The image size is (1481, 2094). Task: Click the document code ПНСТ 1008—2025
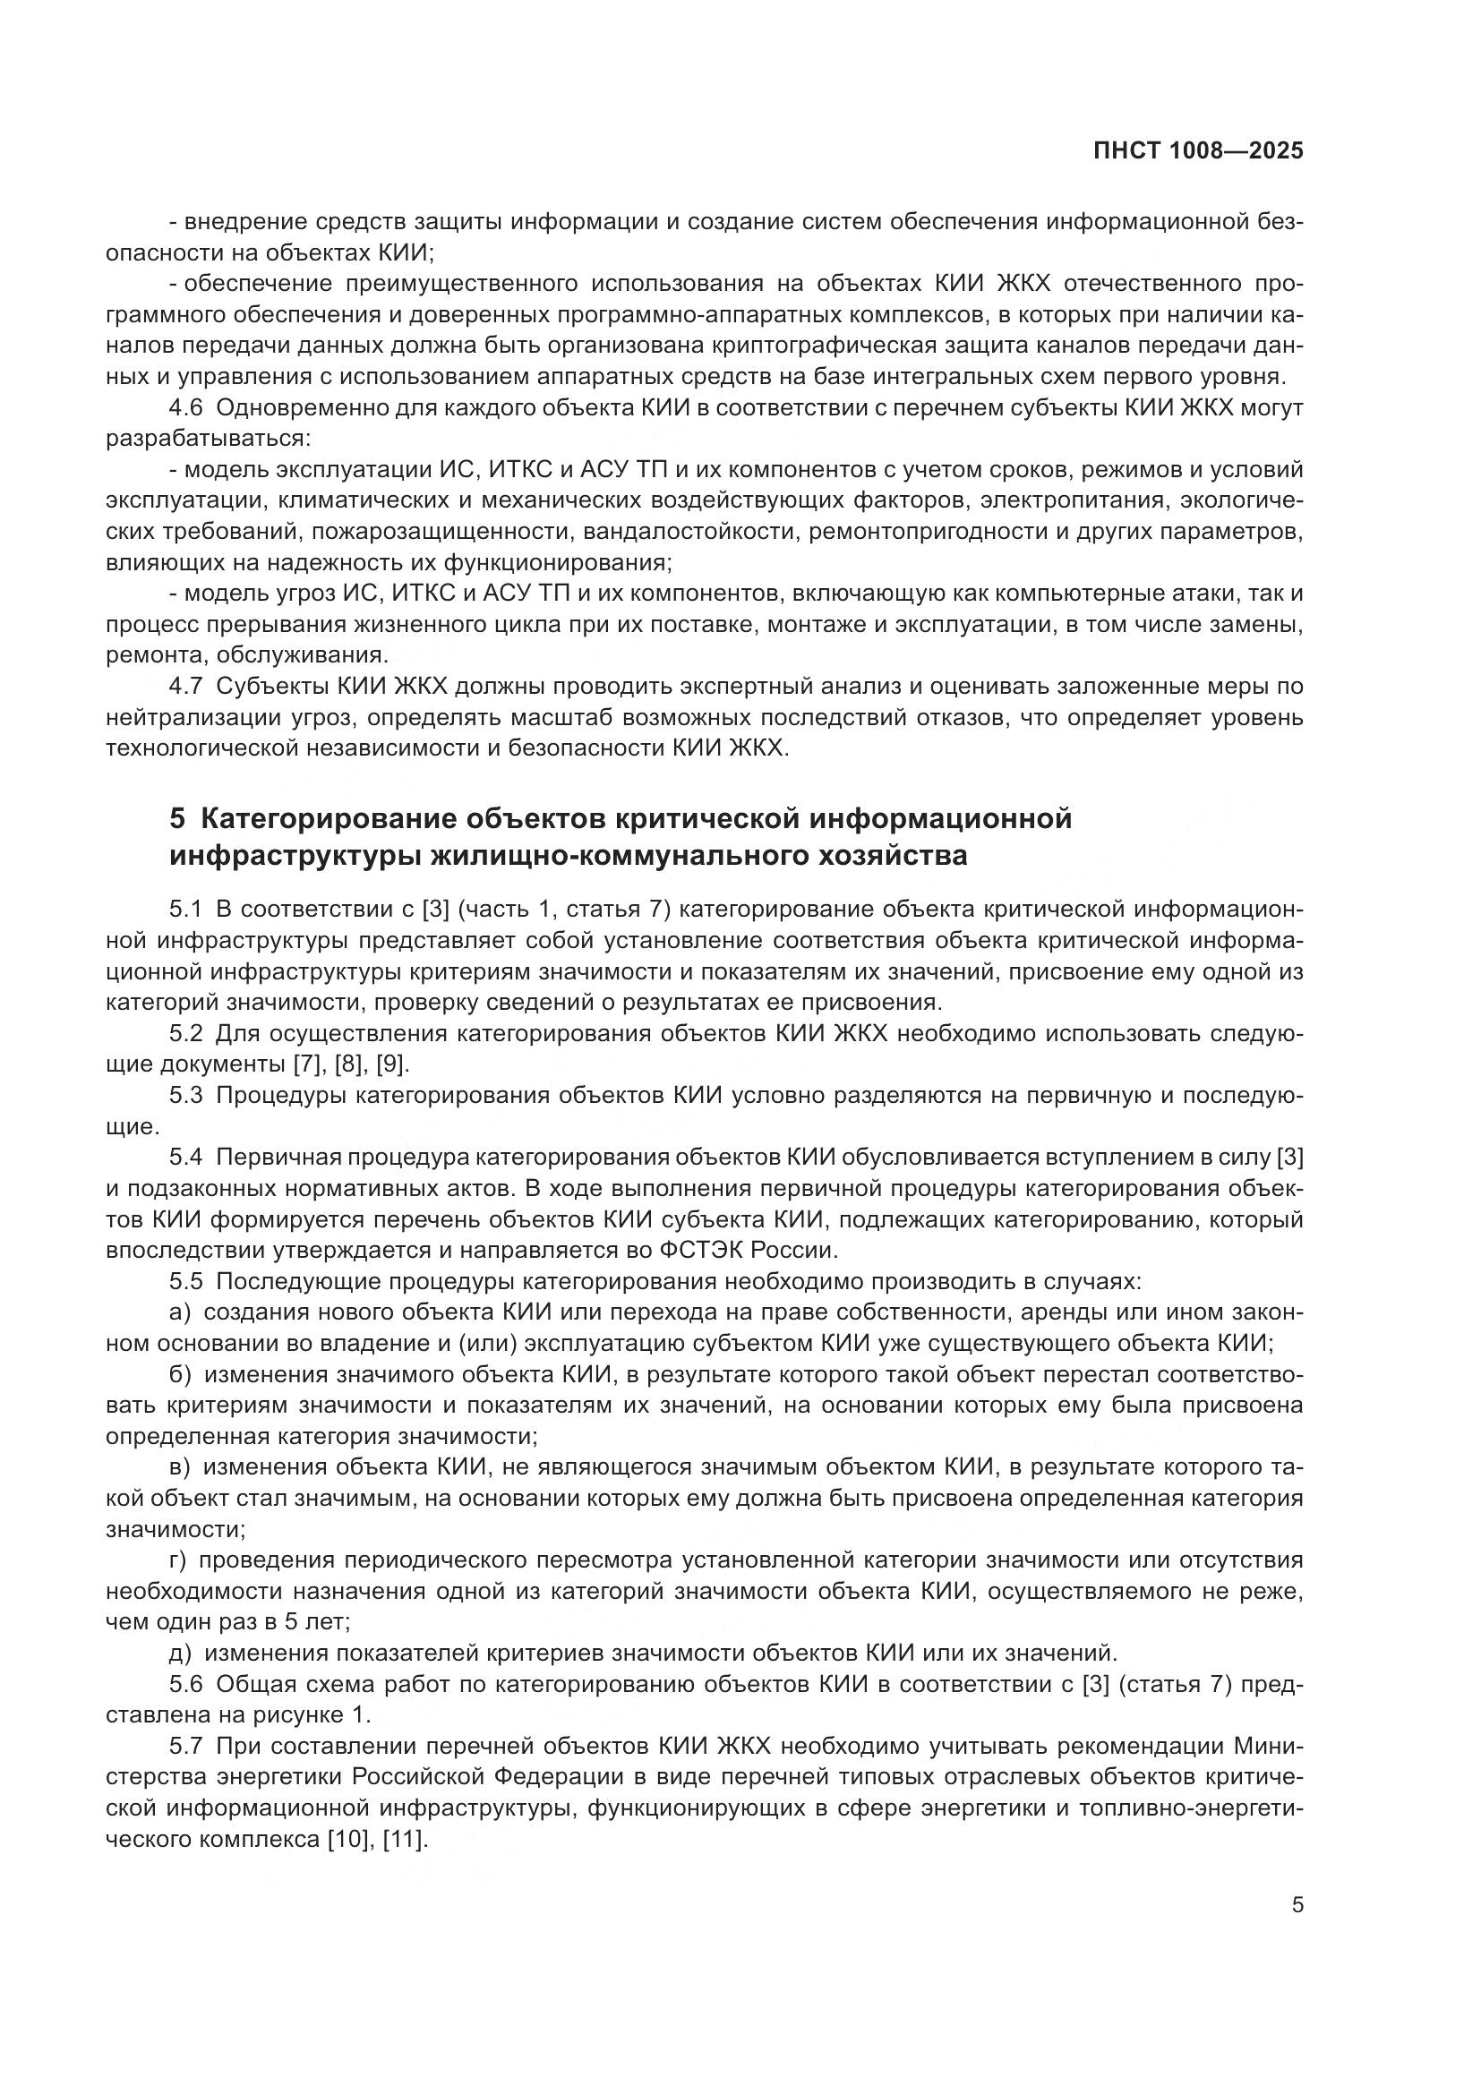point(1197,150)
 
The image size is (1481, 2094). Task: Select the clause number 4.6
point(188,407)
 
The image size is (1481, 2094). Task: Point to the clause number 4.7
point(188,686)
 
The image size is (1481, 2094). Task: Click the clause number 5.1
point(188,910)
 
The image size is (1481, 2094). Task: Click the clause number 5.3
point(188,1095)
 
